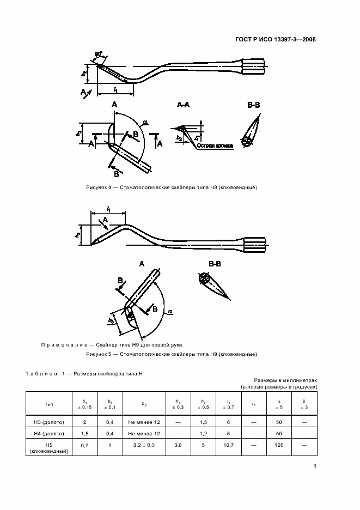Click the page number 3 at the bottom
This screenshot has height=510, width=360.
tap(315, 465)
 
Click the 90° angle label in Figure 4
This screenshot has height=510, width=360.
tap(99, 54)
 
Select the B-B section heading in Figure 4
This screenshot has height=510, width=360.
tap(254, 104)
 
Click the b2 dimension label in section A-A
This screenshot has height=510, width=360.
tap(179, 139)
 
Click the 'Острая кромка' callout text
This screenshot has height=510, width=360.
tap(215, 146)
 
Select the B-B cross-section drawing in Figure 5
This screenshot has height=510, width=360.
tap(213, 286)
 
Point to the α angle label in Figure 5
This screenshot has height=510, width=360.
tap(170, 312)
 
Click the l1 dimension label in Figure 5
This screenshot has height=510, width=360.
tap(109, 209)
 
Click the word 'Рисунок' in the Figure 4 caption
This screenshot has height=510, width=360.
tap(97, 187)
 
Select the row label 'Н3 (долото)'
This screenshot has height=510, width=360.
tap(48, 422)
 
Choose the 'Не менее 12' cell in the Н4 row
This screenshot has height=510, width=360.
tap(144, 434)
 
